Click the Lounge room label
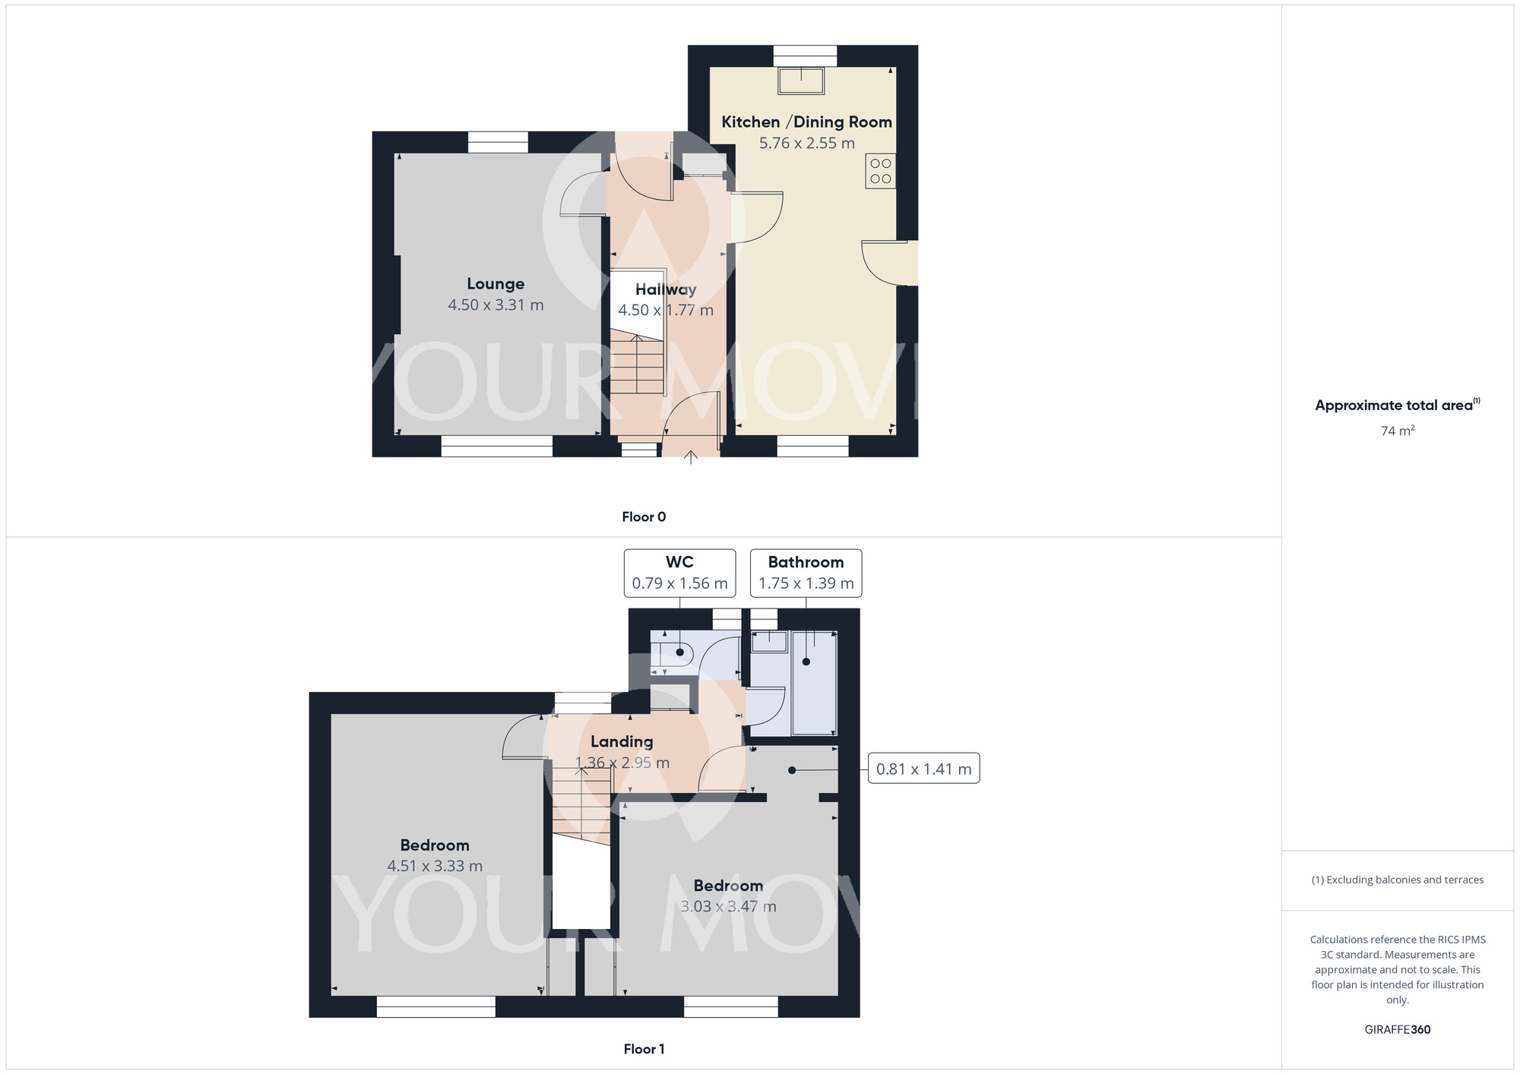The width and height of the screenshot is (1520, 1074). tap(496, 284)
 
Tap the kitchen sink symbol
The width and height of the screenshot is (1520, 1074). tap(801, 81)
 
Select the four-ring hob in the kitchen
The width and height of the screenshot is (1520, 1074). tap(880, 171)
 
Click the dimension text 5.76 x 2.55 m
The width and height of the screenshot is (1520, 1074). tap(806, 143)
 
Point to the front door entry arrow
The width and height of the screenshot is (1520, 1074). tap(690, 456)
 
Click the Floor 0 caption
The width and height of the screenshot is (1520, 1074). tap(644, 516)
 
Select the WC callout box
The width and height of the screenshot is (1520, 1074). tap(679, 573)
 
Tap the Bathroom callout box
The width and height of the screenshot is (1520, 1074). tap(806, 573)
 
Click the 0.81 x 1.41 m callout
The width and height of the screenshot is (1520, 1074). tap(923, 769)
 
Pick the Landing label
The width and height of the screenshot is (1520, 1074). tap(622, 741)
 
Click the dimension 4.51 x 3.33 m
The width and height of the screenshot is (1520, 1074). tap(435, 866)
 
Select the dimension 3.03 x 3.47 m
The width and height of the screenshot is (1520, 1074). tap(728, 906)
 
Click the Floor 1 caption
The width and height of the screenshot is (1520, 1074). tap(644, 1049)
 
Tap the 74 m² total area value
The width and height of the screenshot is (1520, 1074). tap(1397, 431)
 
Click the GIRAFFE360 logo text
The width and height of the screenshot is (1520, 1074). tap(1397, 1029)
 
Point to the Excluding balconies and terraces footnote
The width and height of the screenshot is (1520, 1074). tap(1397, 880)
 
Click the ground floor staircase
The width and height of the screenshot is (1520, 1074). tap(637, 365)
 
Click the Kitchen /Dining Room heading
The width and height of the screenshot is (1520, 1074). tap(806, 122)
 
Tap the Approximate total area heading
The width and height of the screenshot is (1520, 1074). tap(1397, 405)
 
